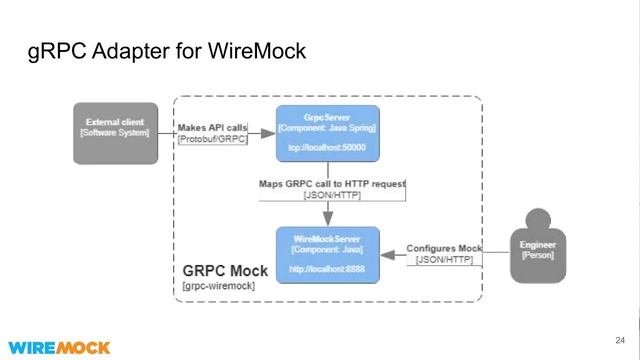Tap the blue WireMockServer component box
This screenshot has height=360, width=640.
click(x=327, y=255)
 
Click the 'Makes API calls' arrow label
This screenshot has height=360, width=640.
click(x=212, y=128)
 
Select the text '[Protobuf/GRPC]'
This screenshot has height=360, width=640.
click(x=212, y=140)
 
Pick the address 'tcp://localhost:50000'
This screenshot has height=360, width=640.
click(x=327, y=148)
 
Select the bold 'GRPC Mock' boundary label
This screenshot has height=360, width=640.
click(x=226, y=271)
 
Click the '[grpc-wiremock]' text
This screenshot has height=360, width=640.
click(x=220, y=287)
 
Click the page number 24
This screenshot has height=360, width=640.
click(x=620, y=339)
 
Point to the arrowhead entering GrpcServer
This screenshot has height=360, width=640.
click(x=272, y=133)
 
